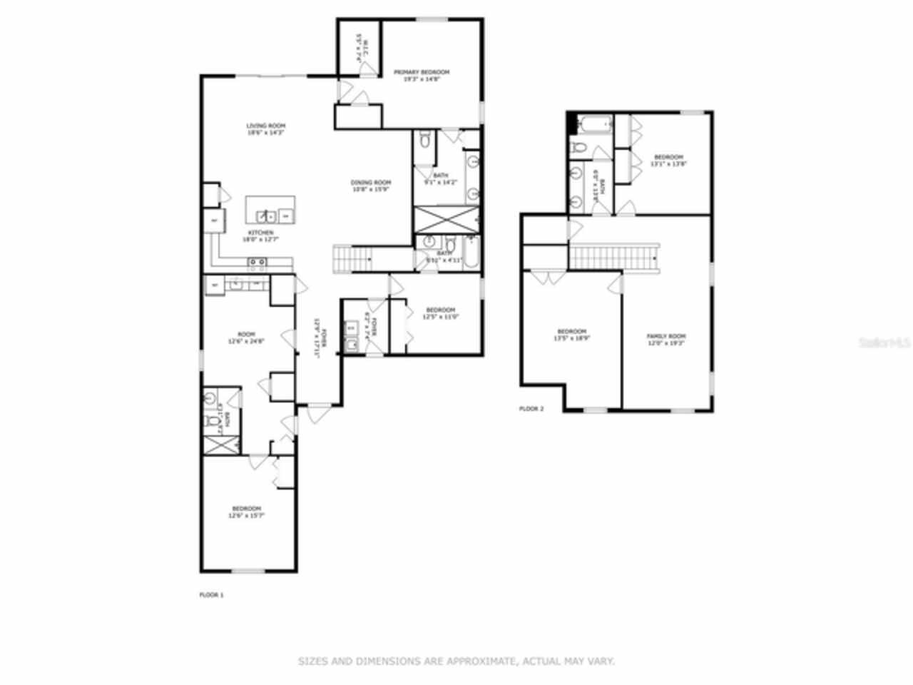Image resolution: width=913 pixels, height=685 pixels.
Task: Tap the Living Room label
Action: pyautogui.click(x=266, y=126)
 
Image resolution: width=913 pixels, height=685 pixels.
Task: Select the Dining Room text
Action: pyautogui.click(x=371, y=183)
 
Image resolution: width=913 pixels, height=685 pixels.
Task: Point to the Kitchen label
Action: pyautogui.click(x=260, y=233)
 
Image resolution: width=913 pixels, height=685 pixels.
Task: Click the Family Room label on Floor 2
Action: pyautogui.click(x=665, y=336)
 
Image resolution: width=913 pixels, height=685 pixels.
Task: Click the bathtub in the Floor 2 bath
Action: pyautogui.click(x=595, y=126)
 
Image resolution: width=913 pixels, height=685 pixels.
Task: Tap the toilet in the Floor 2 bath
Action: pyautogui.click(x=578, y=148)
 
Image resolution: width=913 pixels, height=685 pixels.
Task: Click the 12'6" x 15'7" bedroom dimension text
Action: pyautogui.click(x=247, y=515)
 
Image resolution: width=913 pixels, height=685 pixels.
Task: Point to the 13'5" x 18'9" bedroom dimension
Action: pyautogui.click(x=571, y=338)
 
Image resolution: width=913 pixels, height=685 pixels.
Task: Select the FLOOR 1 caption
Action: pyautogui.click(x=211, y=594)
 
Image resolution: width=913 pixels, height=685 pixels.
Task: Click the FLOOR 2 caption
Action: pyautogui.click(x=531, y=409)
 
